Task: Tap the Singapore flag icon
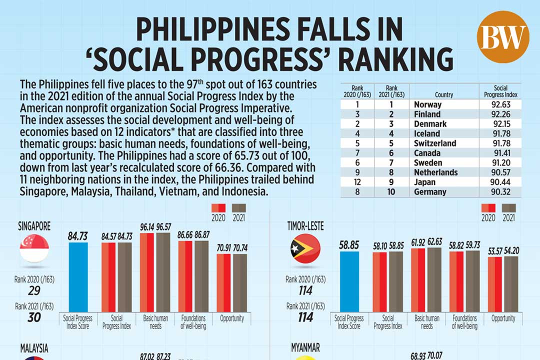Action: [x=34, y=248]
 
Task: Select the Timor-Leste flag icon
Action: [x=305, y=248]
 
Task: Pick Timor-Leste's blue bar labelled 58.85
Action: [x=348, y=281]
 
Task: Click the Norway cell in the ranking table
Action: [x=428, y=104]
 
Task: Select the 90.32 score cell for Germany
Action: [x=500, y=191]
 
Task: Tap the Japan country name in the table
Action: [x=424, y=182]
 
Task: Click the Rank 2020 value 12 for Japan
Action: [x=357, y=182]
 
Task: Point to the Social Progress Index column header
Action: [x=500, y=91]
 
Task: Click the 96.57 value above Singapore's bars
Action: [x=163, y=227]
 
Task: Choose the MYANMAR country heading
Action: [x=306, y=347]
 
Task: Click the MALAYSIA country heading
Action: [x=34, y=347]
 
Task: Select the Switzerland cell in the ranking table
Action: [x=435, y=143]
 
